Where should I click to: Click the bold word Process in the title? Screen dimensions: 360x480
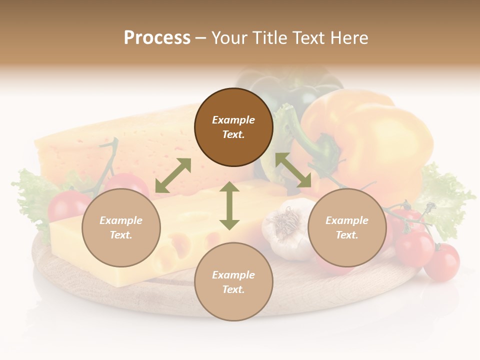pos(157,38)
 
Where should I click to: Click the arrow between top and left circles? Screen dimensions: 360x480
pos(173,175)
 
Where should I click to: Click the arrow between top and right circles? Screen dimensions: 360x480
pos(293,170)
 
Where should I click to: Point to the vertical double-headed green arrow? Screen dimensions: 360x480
pos(229,205)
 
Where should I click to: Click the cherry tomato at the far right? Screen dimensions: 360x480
pos(442,262)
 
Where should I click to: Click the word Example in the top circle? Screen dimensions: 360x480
pos(233,120)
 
